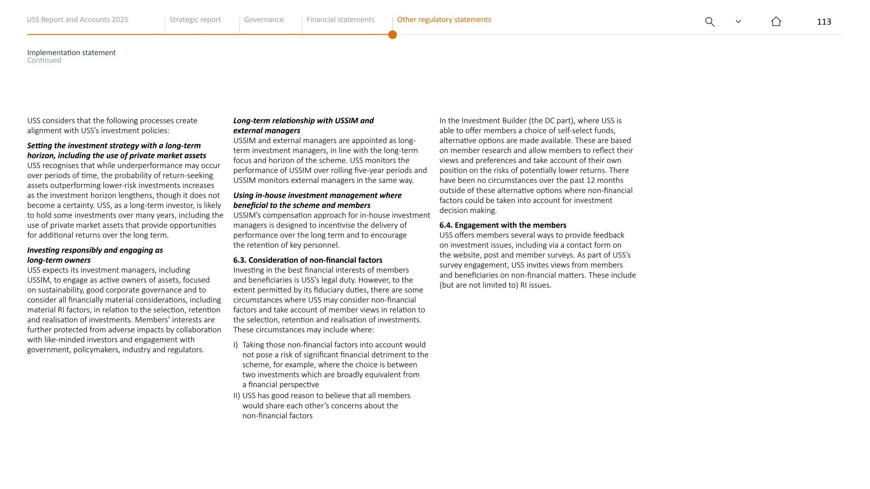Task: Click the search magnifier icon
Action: click(x=709, y=22)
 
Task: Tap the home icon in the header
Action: click(x=776, y=21)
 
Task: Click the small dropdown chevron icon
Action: click(x=738, y=22)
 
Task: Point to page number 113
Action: click(x=824, y=22)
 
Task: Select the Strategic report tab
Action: click(x=195, y=20)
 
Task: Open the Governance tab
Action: click(x=263, y=20)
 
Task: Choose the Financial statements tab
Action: click(x=340, y=20)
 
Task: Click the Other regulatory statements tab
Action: click(x=443, y=20)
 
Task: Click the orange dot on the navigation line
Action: click(x=393, y=35)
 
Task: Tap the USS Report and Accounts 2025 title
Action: click(x=77, y=20)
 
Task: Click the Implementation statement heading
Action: click(x=71, y=53)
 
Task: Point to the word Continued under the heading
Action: click(x=44, y=60)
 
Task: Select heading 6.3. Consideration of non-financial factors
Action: click(x=308, y=260)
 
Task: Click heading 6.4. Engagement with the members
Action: click(x=503, y=225)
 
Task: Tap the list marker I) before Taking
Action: click(x=236, y=345)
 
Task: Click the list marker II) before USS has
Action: click(x=237, y=396)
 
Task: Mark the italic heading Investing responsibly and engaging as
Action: click(x=95, y=250)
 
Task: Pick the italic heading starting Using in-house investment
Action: click(x=317, y=195)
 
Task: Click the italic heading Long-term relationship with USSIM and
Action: click(x=303, y=121)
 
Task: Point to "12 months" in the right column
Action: click(x=605, y=180)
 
